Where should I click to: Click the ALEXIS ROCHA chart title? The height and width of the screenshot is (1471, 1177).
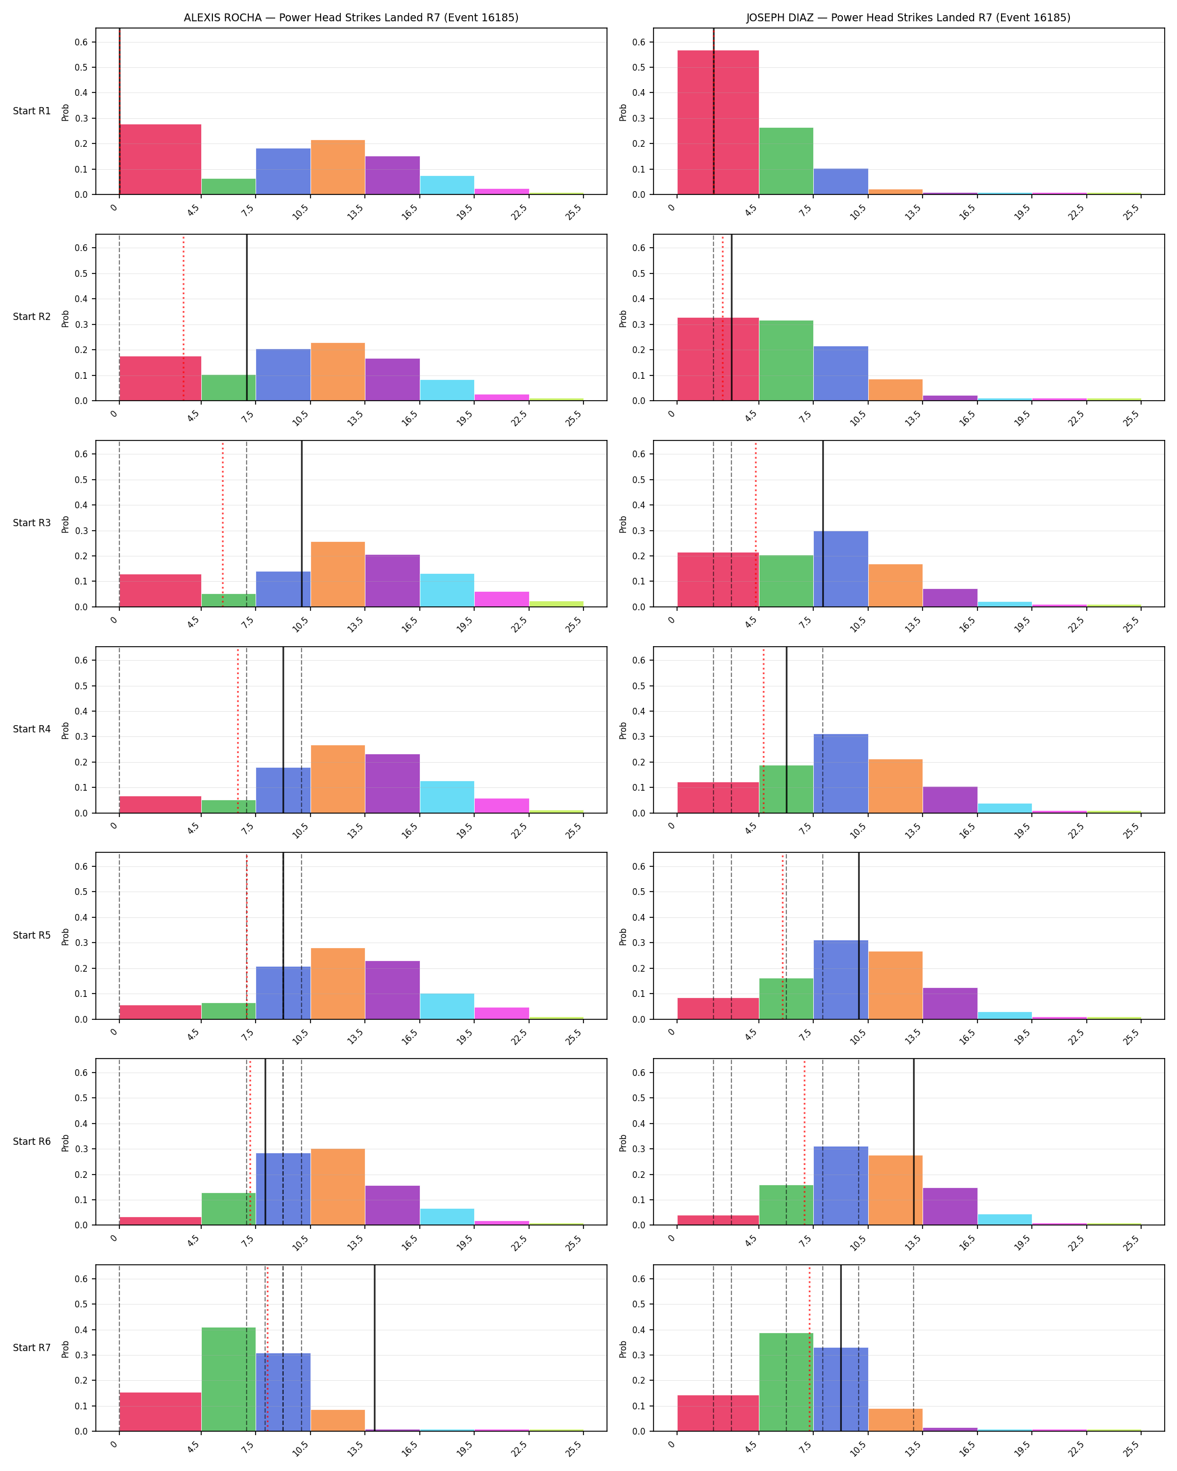351,18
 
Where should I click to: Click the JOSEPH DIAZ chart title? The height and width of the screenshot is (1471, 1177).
908,18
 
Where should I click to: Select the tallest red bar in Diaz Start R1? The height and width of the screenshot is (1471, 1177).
718,122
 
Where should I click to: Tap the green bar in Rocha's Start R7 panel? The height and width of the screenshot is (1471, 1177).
229,1379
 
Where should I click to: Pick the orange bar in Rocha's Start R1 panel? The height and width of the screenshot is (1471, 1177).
338,167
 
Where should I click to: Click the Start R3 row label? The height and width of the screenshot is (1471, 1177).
31,523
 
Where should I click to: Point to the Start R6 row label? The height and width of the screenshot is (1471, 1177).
31,1141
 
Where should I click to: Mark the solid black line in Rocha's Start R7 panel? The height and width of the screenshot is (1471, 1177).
374,1348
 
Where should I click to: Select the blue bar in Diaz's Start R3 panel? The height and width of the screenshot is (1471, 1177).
841,569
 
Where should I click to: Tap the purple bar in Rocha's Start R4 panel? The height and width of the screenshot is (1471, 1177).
392,783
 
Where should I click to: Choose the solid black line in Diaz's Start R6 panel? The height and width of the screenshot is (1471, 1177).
914,1142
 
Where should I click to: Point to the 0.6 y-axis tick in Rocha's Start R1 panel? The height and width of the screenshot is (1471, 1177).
81,41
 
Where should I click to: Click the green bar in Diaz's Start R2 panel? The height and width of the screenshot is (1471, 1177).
786,360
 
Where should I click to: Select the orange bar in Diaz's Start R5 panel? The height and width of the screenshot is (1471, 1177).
895,985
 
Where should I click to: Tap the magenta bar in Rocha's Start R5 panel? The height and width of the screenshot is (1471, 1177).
502,1013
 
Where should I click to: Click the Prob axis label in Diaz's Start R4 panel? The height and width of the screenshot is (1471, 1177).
623,730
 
